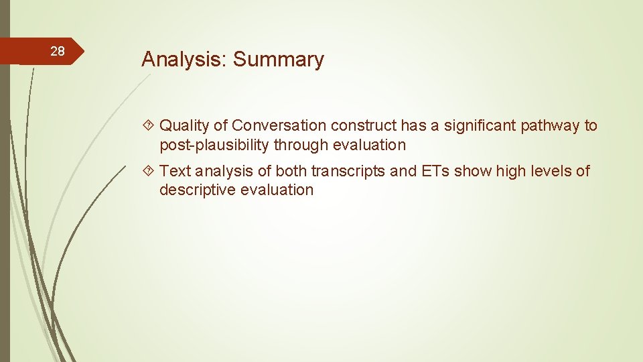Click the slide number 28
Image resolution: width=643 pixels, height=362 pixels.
[58, 52]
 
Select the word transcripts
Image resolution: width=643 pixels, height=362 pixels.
[348, 171]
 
